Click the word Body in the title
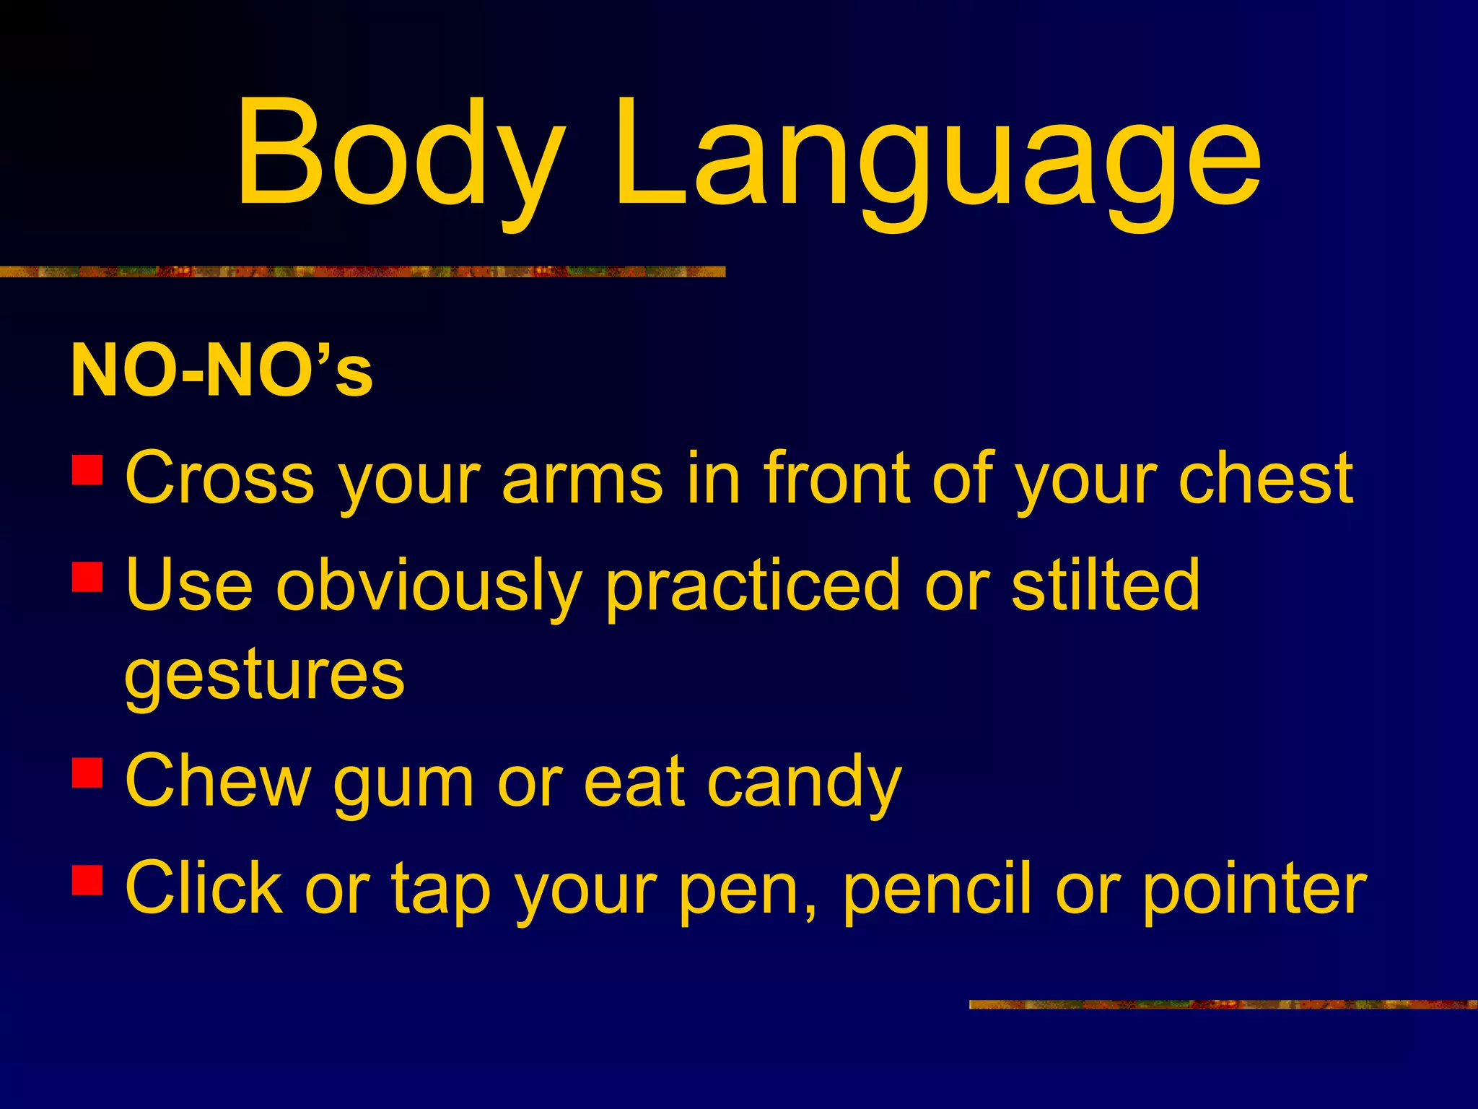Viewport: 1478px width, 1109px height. pyautogui.click(x=401, y=155)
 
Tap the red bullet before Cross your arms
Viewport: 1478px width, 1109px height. pyautogui.click(x=87, y=469)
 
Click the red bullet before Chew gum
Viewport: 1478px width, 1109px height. pyautogui.click(x=87, y=771)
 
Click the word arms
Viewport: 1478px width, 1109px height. pyautogui.click(x=582, y=478)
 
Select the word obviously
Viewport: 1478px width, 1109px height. pyautogui.click(x=429, y=586)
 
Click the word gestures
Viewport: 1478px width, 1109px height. pyautogui.click(x=264, y=677)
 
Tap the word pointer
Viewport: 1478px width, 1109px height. pyautogui.click(x=1254, y=890)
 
